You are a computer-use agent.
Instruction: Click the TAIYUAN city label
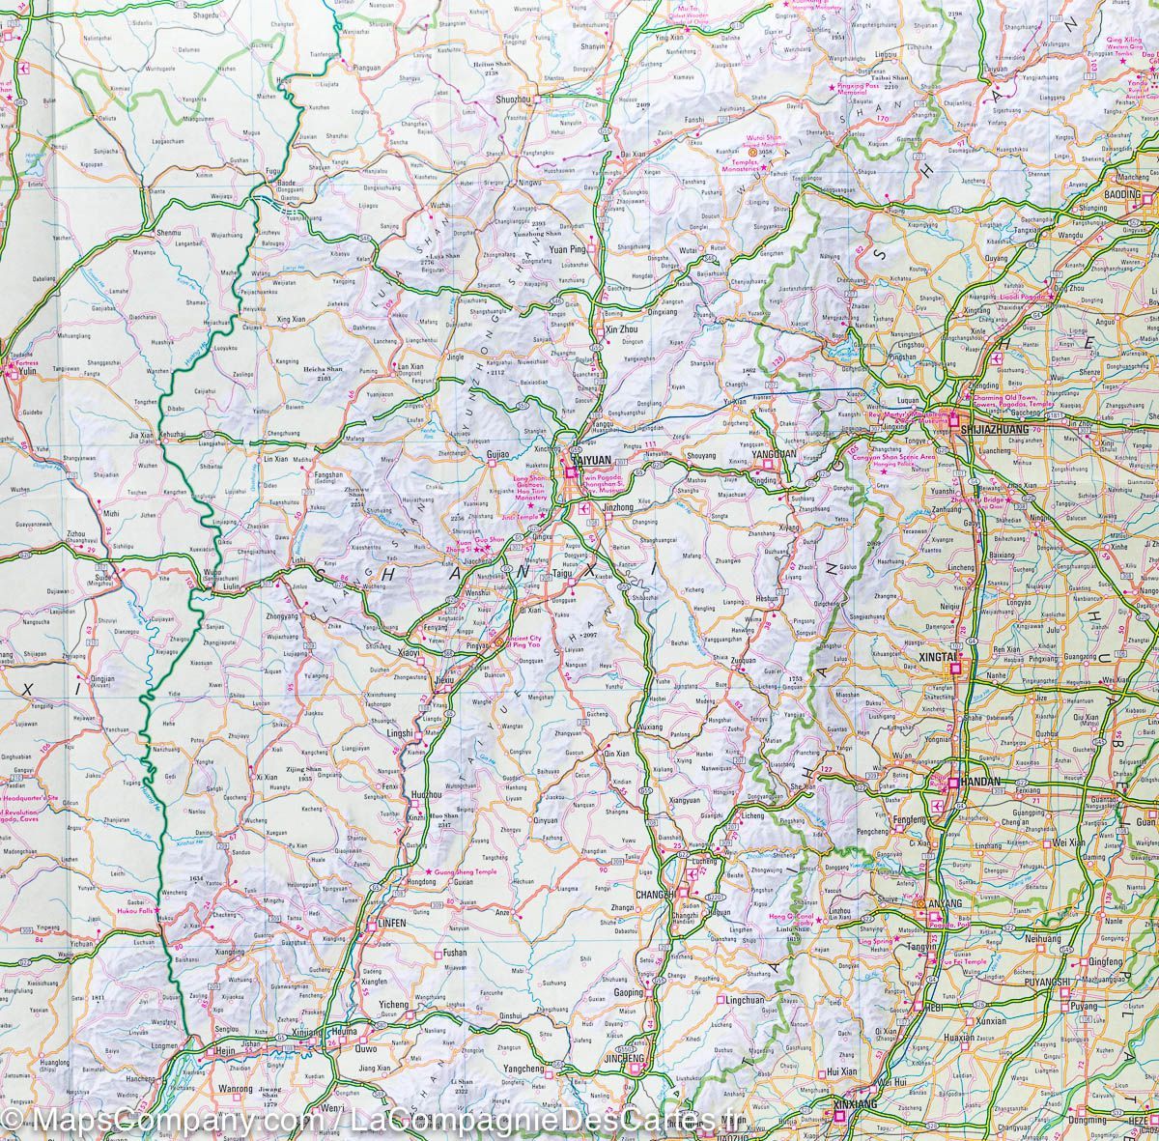(x=592, y=463)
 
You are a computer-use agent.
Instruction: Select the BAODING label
(x=1124, y=194)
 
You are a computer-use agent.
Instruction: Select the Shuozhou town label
(x=513, y=100)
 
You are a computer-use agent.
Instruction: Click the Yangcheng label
(x=525, y=1069)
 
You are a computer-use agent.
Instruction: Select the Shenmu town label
(x=169, y=233)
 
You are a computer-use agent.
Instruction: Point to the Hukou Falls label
(x=129, y=910)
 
